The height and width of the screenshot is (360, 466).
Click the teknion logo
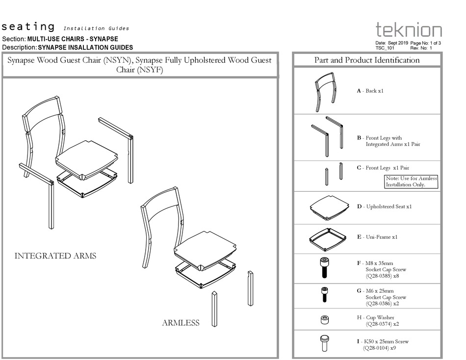[409, 30]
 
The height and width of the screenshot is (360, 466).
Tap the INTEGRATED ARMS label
[55, 256]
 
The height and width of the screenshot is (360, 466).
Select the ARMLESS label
[181, 323]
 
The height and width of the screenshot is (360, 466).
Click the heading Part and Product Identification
[367, 60]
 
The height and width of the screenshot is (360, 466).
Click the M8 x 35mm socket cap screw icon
[324, 268]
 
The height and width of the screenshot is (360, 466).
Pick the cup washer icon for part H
[324, 320]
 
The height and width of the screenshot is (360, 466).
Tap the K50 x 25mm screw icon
[324, 342]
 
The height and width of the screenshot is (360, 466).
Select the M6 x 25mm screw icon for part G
[324, 294]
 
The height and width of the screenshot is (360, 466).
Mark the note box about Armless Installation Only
[411, 181]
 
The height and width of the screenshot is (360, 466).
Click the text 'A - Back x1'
[370, 91]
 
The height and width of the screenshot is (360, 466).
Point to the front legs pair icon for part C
[333, 174]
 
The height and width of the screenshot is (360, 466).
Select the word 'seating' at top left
[28, 26]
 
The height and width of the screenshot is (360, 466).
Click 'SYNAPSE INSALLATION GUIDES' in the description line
[85, 48]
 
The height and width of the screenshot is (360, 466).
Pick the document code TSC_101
[385, 48]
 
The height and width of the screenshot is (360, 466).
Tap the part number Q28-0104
[376, 348]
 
